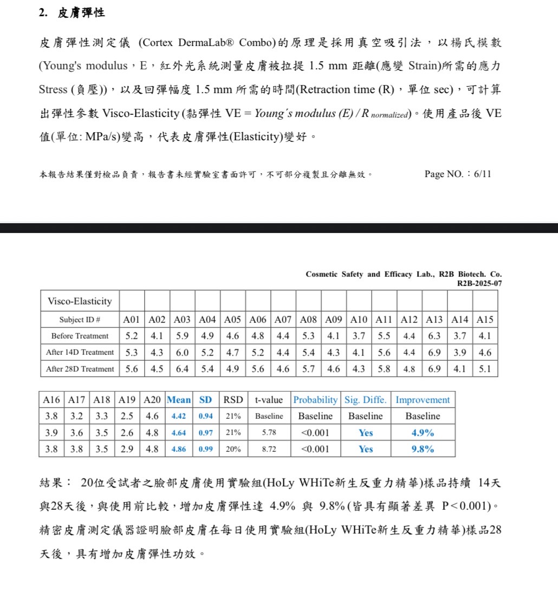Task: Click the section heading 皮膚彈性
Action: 81,14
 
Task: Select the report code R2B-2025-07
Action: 479,283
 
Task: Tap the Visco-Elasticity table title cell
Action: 80,301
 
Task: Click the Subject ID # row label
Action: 80,320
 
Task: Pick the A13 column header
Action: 434,320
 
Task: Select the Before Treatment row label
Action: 80,336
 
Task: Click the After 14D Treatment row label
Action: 80,352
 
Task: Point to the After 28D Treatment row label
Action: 80,369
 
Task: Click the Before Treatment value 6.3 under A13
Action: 434,336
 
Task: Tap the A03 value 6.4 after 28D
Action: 183,369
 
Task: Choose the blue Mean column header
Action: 179,400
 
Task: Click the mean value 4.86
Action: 179,449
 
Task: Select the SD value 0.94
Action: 205,416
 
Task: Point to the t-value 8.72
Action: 269,449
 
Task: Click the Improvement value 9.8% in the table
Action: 423,449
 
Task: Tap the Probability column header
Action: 315,400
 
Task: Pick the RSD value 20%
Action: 233,449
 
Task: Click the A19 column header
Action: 127,400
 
